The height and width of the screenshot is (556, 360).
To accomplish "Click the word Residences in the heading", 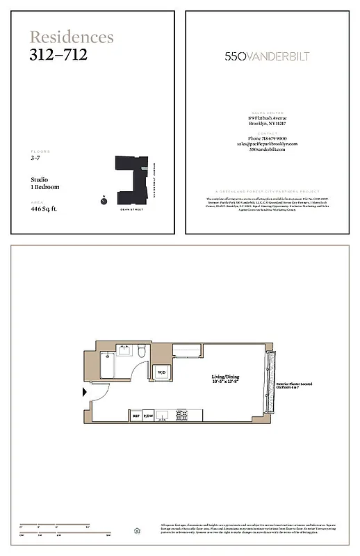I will (x=72, y=37).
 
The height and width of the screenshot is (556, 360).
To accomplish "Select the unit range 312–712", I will (x=58, y=54).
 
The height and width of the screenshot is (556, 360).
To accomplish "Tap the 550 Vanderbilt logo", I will (x=268, y=56).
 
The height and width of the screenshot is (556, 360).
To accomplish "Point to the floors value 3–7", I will (x=35, y=159).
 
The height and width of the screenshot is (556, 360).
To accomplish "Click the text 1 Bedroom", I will (x=45, y=187).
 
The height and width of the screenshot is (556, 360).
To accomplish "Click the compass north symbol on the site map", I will (x=103, y=201).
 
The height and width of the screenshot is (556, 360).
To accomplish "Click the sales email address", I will (x=268, y=144).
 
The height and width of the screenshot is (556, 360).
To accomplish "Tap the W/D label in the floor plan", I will (x=161, y=373).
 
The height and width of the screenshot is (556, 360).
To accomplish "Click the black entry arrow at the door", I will (x=85, y=393).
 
